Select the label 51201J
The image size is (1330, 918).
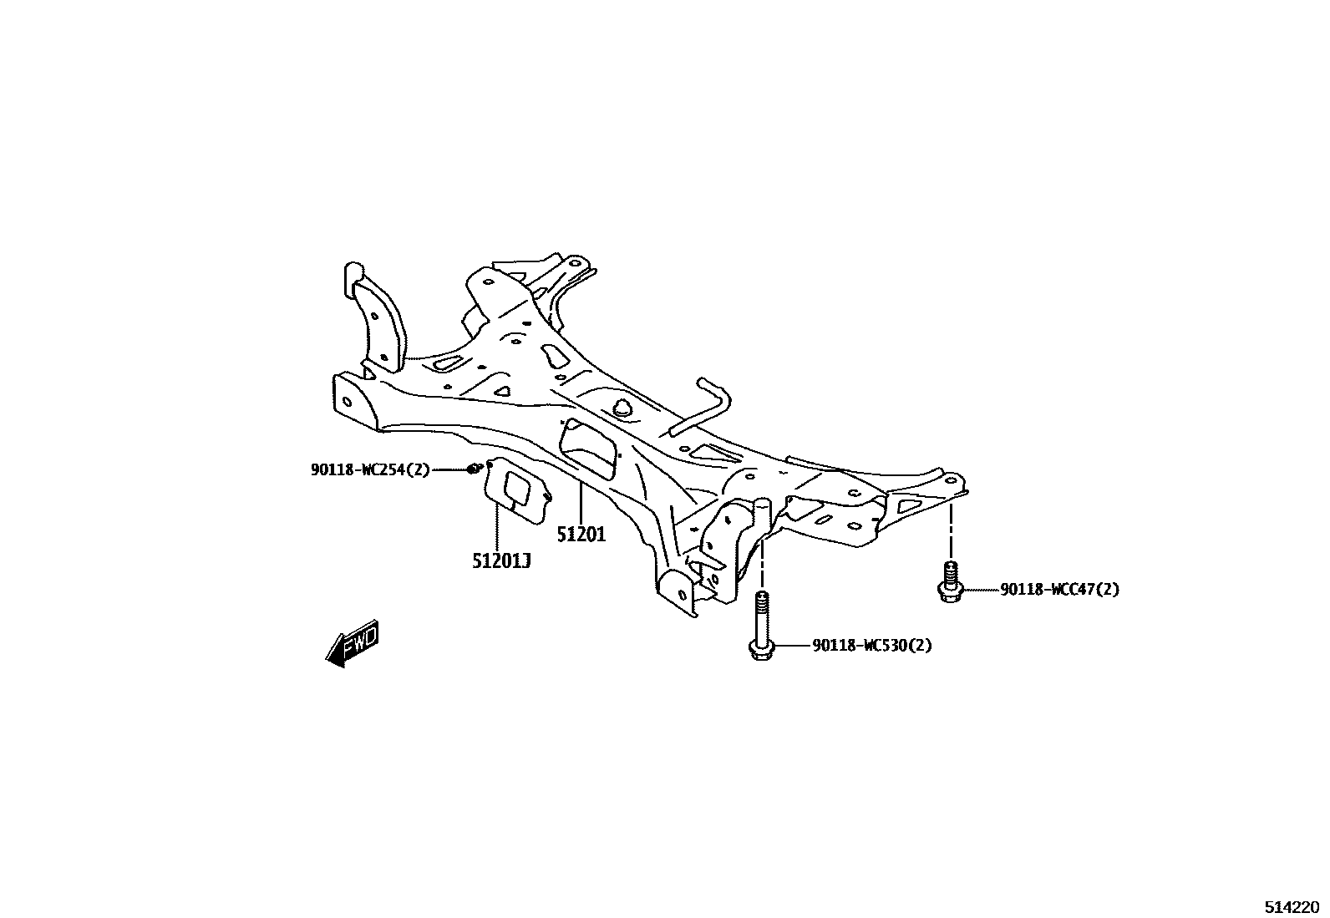501,560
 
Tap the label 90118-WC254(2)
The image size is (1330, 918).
370,470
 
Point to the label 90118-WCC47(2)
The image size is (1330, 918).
1059,590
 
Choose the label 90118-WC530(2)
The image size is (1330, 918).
871,646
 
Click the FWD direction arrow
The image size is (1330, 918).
353,644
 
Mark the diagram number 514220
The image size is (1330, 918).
1291,906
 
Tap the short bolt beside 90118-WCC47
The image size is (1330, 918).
949,581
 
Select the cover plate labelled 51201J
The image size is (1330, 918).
518,492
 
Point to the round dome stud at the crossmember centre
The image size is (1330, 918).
622,408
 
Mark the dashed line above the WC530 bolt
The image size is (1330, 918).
761,564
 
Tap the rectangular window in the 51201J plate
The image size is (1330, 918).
519,488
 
